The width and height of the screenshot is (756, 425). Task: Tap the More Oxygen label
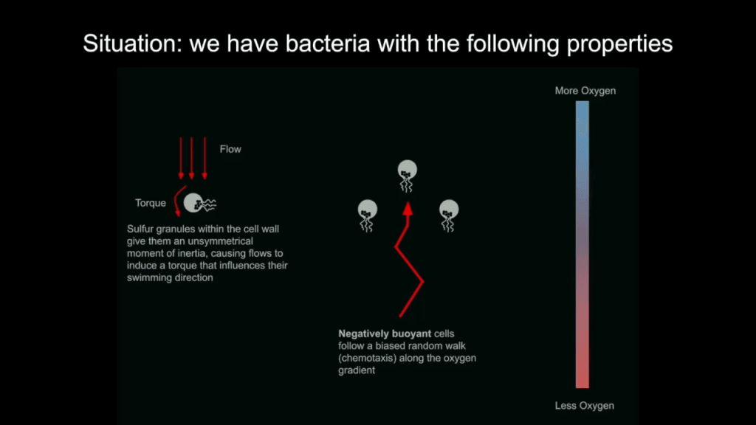point(585,91)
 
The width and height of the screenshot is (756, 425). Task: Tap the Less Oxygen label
point(584,406)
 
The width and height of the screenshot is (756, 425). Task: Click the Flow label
point(230,149)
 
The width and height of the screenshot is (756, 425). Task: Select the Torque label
point(151,203)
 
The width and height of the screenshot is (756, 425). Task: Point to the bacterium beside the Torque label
point(196,202)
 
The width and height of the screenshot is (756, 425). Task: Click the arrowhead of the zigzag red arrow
point(407,210)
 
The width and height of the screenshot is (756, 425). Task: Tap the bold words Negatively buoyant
point(374,334)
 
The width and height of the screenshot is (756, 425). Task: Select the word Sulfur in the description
point(142,229)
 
